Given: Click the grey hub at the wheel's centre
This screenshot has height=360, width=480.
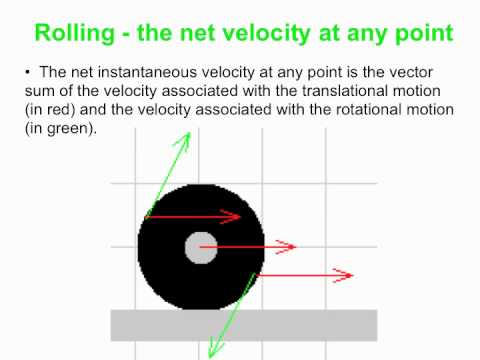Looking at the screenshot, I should [x=201, y=246].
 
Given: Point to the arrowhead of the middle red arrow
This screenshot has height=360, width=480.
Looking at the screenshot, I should [x=295, y=246].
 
